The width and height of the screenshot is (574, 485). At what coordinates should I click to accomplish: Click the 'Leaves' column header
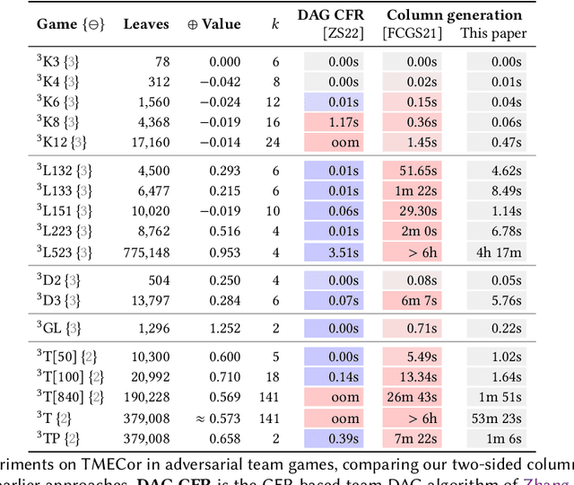147,24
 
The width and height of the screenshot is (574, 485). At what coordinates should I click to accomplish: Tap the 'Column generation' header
454,15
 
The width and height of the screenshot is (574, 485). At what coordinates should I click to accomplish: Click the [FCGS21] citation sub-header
412,34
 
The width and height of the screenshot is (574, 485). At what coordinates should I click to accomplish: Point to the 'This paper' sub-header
493,34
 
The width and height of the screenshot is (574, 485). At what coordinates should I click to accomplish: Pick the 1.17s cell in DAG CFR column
342,122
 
